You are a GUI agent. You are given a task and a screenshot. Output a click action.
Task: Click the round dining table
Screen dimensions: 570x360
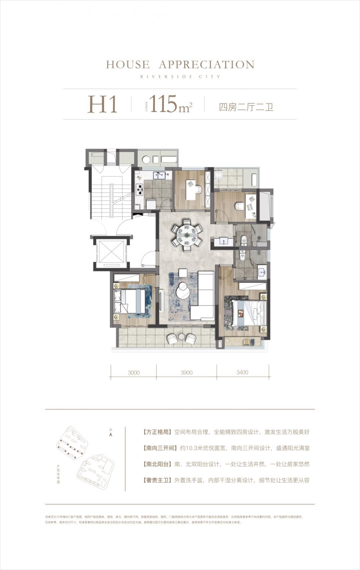[x=187, y=235]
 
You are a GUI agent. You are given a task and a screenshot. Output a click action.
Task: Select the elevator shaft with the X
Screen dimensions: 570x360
[x=110, y=252]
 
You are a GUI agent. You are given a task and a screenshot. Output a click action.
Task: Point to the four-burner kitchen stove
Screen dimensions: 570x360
[x=139, y=189]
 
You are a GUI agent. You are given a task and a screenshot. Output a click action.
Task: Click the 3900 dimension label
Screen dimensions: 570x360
[x=186, y=373]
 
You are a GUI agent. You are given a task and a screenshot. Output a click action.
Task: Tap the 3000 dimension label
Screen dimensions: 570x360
[x=133, y=373]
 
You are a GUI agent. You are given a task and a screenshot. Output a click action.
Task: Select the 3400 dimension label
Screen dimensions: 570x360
[x=242, y=373]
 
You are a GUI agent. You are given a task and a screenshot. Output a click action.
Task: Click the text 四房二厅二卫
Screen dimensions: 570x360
[x=246, y=107]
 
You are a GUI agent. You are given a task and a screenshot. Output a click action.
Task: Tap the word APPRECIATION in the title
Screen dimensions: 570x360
[x=207, y=65]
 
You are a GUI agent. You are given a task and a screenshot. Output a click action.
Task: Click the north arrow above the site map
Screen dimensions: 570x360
[x=111, y=434]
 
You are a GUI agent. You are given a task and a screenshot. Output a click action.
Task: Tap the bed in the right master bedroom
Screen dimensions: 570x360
[x=249, y=313]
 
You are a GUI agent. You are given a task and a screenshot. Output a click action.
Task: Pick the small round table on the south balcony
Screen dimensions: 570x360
[x=181, y=337]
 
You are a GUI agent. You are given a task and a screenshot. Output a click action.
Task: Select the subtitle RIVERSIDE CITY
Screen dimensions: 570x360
[x=180, y=77]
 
